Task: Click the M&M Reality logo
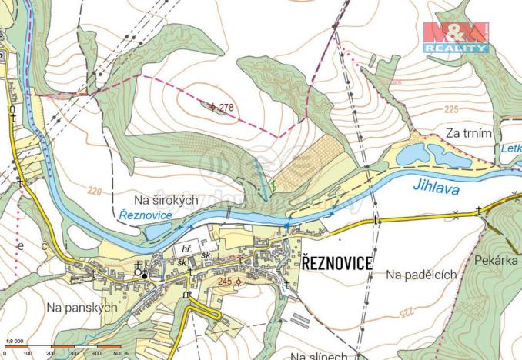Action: (455, 37)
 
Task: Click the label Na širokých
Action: (166, 200)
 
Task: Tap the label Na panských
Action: (81, 307)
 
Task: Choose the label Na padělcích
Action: (421, 274)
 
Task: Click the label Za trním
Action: (469, 134)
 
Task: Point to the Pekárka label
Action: (497, 260)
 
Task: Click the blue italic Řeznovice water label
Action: (146, 215)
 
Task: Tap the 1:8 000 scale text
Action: (14, 340)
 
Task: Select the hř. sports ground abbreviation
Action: (186, 249)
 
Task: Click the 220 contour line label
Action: (95, 190)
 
